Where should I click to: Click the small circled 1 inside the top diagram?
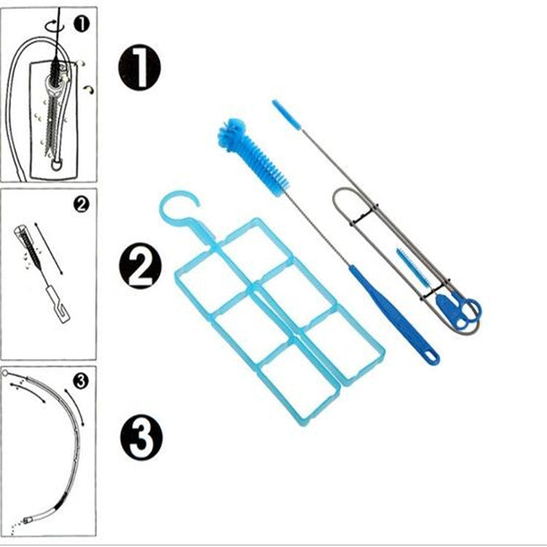click(x=82, y=24)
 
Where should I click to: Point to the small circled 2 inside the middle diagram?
click(x=82, y=205)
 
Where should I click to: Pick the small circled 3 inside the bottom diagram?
click(x=81, y=379)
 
